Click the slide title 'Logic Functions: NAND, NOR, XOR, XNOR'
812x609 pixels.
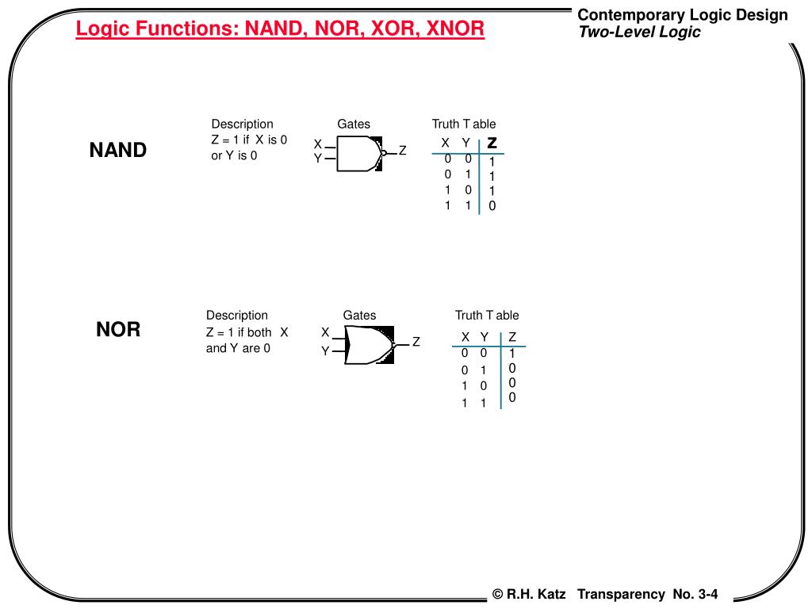[x=280, y=29]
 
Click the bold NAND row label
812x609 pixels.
[x=117, y=151]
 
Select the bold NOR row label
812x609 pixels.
[x=118, y=329]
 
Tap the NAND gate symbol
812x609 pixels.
[x=359, y=153]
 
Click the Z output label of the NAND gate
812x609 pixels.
[x=402, y=150]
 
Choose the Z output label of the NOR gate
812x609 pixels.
[x=416, y=343]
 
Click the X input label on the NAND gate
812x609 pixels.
[x=317, y=144]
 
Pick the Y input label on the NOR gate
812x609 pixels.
[x=324, y=351]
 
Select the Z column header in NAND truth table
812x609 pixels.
[x=492, y=143]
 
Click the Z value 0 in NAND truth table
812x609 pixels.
[x=492, y=206]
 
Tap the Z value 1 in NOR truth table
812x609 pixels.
[x=512, y=353]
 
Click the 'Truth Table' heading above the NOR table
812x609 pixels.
[x=487, y=315]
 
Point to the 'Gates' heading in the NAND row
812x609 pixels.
[x=354, y=124]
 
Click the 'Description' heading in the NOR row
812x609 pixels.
[x=237, y=315]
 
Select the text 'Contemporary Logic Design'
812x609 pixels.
[x=683, y=15]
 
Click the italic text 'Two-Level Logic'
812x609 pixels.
[x=639, y=33]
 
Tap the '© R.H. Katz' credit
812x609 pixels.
[x=529, y=594]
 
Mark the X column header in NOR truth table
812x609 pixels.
[x=465, y=337]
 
